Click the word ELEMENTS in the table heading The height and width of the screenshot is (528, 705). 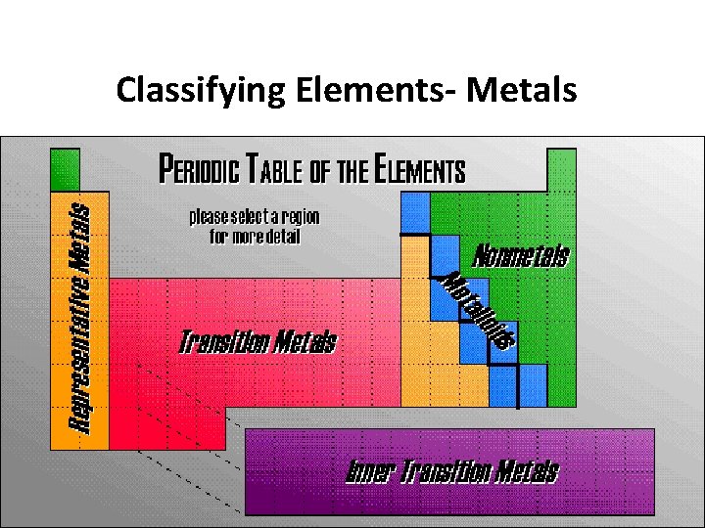pyautogui.click(x=419, y=170)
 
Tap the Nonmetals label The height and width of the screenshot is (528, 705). pyautogui.click(x=521, y=257)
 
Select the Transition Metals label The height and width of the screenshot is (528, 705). pyautogui.click(x=258, y=342)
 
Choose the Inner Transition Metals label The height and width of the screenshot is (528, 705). pyautogui.click(x=452, y=472)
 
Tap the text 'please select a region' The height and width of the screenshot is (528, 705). pyautogui.click(x=254, y=216)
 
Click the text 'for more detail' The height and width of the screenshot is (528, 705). pyautogui.click(x=254, y=237)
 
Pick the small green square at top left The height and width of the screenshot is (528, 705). pyautogui.click(x=65, y=168)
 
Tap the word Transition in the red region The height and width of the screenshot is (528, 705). pyautogui.click(x=223, y=342)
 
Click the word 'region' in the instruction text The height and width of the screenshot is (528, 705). pyautogui.click(x=301, y=216)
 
